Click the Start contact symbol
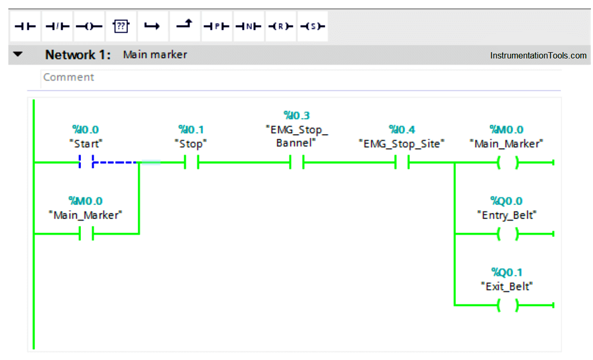[86, 162]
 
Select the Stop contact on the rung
[192, 162]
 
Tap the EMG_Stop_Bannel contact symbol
[296, 162]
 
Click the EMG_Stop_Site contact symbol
[402, 162]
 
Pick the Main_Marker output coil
[507, 162]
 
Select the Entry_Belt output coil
[507, 234]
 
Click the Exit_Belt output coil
[507, 305]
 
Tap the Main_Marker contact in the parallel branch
[86, 234]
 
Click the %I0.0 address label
[86, 129]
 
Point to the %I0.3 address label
[296, 115]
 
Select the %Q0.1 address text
[507, 272]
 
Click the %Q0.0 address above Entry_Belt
[506, 201]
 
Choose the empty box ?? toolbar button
[121, 26]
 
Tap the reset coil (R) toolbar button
[280, 26]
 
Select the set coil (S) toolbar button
[312, 26]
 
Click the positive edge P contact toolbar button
[217, 26]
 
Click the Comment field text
[68, 77]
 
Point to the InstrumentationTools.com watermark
[538, 55]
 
